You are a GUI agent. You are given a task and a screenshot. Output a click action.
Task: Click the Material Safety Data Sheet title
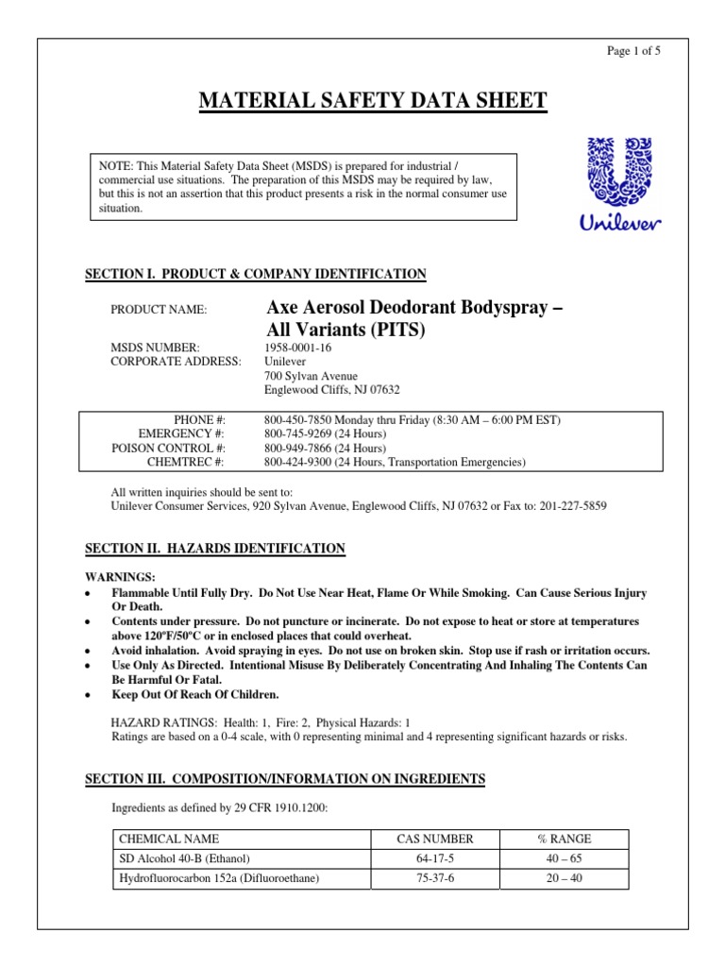tap(372, 101)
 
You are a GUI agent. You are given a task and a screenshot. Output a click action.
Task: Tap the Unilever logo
tap(619, 183)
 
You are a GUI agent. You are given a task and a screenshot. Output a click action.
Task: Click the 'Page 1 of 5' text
tap(632, 52)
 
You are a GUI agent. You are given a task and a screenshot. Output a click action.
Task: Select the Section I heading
tap(256, 274)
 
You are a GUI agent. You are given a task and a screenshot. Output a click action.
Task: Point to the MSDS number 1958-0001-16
tap(300, 347)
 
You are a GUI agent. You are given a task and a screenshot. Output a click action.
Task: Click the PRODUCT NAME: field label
tap(159, 309)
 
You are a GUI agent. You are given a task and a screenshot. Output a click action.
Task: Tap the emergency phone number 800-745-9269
tap(300, 433)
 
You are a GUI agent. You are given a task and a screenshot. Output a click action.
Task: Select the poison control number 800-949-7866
tap(300, 448)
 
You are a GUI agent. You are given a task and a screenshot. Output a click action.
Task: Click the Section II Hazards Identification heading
tap(215, 549)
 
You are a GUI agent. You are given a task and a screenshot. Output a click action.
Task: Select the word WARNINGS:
tap(121, 577)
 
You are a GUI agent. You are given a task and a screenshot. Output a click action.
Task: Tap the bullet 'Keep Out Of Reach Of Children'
tap(195, 694)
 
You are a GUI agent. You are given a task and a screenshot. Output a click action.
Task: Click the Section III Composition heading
tap(285, 779)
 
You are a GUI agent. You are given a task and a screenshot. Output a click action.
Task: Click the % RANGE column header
tap(564, 839)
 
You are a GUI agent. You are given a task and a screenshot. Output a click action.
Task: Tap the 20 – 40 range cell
tap(564, 878)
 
